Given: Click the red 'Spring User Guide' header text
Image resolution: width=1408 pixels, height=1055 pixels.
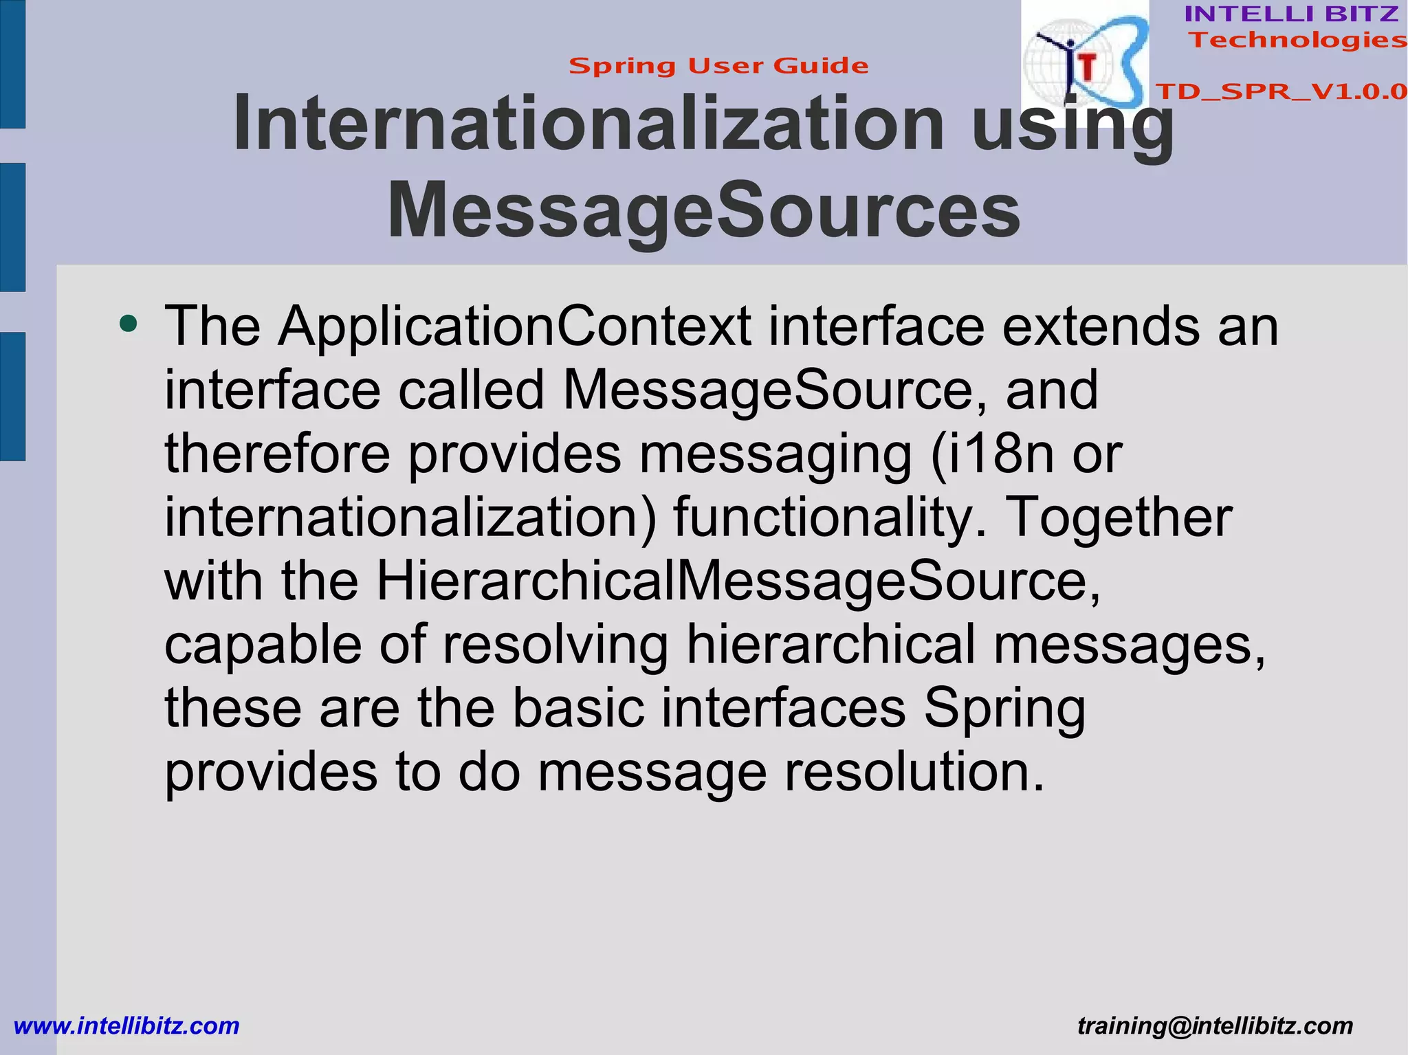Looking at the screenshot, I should (718, 66).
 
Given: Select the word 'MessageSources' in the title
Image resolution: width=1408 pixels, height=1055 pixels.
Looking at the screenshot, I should (703, 210).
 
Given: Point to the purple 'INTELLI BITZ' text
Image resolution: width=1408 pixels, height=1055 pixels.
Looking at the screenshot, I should (1291, 14).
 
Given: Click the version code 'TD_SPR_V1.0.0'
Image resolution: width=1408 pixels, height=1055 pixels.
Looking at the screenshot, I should (1281, 91).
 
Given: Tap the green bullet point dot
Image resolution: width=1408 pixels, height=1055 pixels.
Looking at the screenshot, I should (128, 322).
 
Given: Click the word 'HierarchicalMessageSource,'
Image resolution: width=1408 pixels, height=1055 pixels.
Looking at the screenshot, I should (738, 581).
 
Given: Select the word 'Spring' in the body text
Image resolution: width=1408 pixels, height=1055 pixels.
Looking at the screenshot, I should (1004, 709).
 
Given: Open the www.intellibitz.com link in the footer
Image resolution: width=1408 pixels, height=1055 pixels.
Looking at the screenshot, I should (126, 1026).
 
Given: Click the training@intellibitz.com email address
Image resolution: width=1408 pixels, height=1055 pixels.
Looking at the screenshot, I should (1215, 1026).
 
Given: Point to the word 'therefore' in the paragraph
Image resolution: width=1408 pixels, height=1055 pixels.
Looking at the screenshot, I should (277, 454).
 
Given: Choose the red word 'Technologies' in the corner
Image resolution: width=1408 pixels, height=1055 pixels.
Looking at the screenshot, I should (1297, 40).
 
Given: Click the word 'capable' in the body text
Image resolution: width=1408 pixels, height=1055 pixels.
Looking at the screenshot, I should (263, 645).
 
